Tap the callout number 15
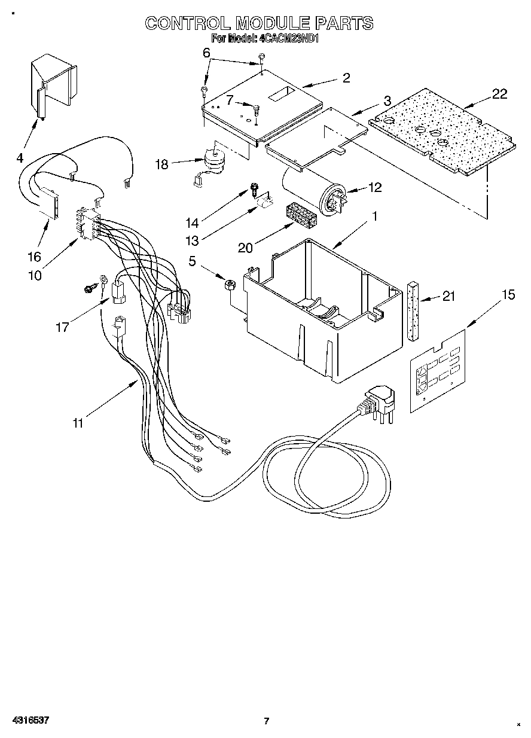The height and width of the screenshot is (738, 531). tap(508, 295)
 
